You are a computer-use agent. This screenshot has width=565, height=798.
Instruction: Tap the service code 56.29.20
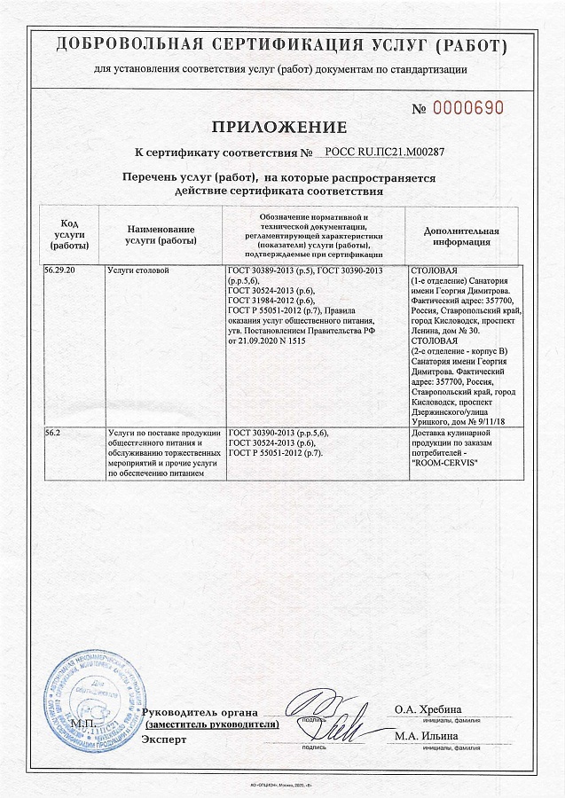pos(59,268)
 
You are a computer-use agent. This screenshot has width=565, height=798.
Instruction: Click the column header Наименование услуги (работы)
pos(161,234)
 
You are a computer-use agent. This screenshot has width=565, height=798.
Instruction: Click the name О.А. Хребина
pos(428,709)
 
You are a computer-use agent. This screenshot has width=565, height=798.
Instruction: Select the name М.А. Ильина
pos(427,736)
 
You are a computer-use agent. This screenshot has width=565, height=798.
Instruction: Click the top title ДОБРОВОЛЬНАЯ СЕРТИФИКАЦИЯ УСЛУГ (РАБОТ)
pos(282,45)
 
